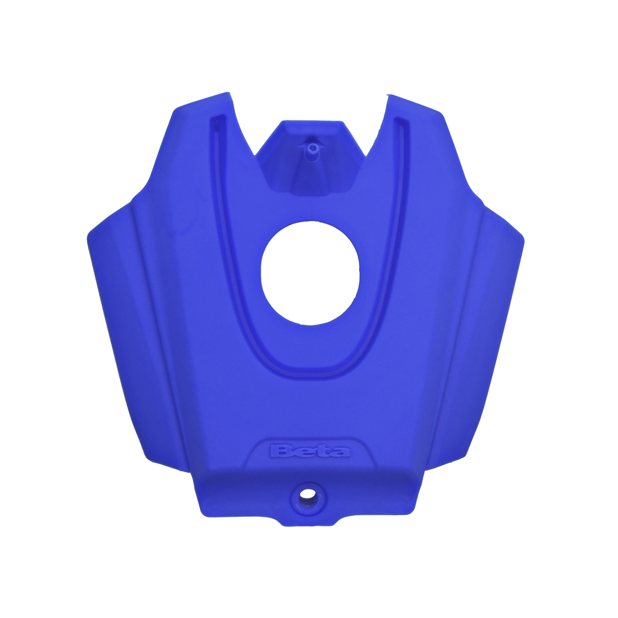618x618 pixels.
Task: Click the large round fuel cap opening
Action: (310, 272)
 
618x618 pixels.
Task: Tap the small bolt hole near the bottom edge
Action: (306, 493)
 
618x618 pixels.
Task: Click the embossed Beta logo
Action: (310, 451)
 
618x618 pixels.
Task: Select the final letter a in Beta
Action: (340, 452)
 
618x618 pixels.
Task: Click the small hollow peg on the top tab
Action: (312, 147)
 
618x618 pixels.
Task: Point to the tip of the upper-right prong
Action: (391, 96)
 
